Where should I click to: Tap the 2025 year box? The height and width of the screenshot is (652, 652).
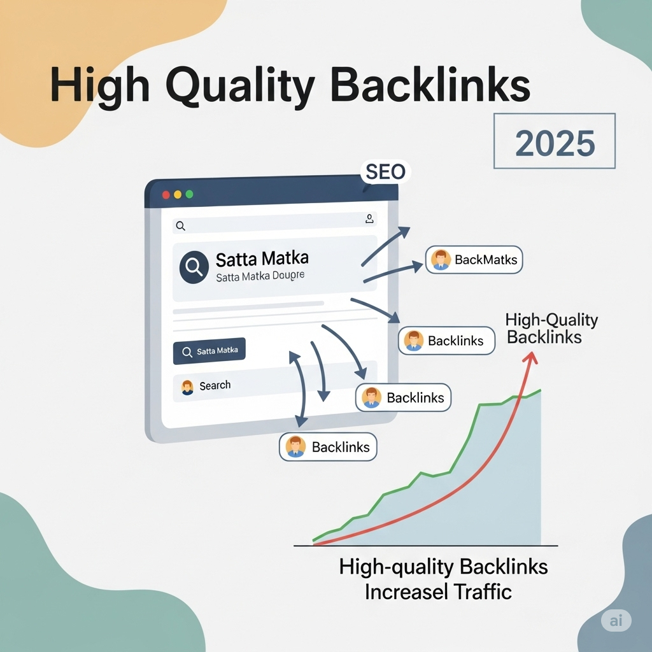(x=555, y=141)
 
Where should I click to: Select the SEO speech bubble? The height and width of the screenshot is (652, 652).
(x=385, y=172)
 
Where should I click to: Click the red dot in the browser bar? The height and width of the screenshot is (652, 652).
(x=166, y=195)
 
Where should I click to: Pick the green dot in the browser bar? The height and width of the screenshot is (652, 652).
(x=189, y=194)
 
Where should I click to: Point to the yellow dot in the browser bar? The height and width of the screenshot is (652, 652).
(x=178, y=195)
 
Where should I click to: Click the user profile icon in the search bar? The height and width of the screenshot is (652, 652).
(x=369, y=219)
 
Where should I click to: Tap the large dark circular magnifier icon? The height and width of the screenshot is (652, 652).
(x=194, y=267)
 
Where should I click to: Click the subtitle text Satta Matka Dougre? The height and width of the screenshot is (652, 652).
(x=260, y=276)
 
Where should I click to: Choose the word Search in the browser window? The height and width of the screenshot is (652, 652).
(x=215, y=385)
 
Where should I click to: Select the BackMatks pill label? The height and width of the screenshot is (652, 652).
(x=474, y=260)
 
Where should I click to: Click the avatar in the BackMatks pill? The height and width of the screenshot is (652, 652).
(x=441, y=260)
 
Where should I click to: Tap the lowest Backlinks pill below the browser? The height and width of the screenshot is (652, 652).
(x=328, y=446)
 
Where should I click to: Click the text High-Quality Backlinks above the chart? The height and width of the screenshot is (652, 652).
(x=551, y=329)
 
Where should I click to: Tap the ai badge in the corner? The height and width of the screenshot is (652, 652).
(x=616, y=620)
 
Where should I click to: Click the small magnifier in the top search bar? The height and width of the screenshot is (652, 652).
(x=180, y=226)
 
